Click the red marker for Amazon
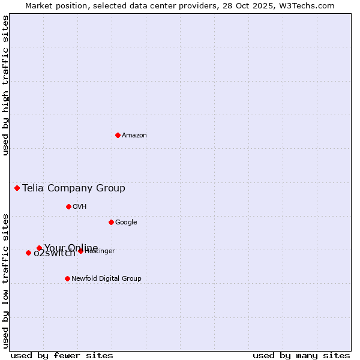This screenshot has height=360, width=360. [118, 135]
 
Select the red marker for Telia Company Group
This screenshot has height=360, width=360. [17, 188]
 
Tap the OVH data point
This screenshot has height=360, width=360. [68, 206]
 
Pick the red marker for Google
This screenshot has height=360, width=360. [111, 222]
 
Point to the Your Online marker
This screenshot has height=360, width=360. [39, 248]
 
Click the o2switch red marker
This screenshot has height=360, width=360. [28, 253]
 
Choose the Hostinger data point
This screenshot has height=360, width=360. [80, 251]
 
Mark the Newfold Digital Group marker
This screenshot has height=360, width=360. [67, 278]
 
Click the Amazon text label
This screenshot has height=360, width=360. [134, 136]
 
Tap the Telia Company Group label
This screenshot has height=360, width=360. [74, 188]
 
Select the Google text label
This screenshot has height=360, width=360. [126, 223]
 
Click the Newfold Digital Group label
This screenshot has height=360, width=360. [106, 278]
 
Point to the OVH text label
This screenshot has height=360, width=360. [80, 207]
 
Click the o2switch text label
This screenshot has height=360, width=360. [54, 254]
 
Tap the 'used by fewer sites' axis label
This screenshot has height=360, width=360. [62, 355]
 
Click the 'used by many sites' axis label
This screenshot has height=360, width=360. [301, 355]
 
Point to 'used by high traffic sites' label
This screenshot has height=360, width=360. [5, 85]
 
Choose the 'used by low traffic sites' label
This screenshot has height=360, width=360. [5, 280]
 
